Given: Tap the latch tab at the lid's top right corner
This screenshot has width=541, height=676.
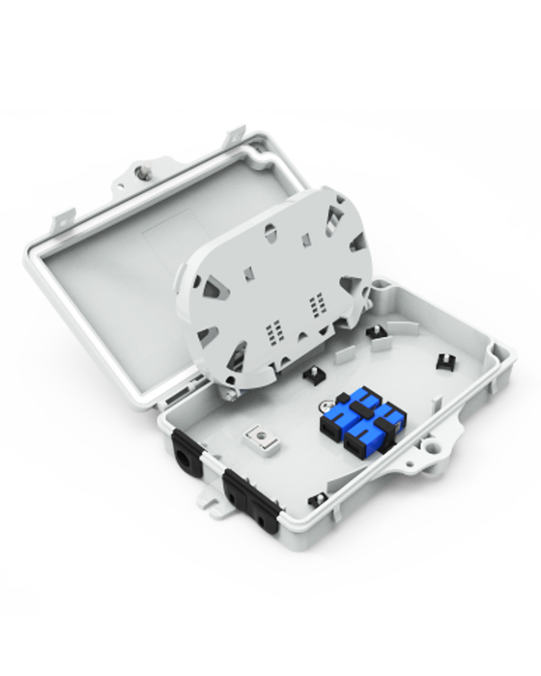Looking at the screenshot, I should [x=234, y=138].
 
